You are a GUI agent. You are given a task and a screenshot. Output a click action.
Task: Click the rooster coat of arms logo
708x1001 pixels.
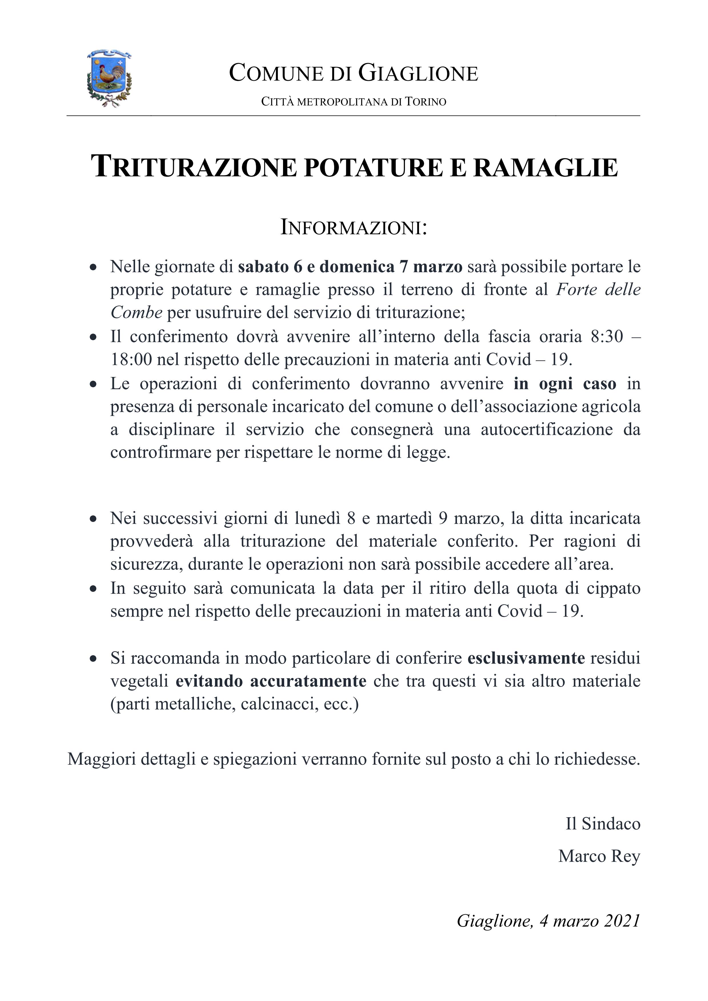click(x=109, y=78)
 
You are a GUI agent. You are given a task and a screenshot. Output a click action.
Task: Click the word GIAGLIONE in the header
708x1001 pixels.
click(x=418, y=73)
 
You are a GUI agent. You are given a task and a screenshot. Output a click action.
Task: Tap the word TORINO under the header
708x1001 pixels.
click(x=425, y=102)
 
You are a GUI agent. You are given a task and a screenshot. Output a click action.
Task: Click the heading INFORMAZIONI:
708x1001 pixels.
click(x=353, y=228)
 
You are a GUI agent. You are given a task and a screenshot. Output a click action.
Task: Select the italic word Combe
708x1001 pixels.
click(x=136, y=312)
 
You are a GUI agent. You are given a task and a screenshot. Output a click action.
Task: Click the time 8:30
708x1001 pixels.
click(x=606, y=337)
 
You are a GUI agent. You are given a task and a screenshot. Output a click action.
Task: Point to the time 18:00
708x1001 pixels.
click(x=131, y=360)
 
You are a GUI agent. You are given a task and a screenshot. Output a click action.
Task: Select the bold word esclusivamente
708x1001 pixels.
click(x=526, y=658)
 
